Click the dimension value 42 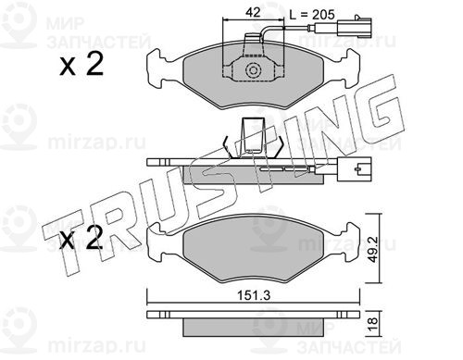tap(253, 12)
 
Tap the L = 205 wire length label tap(312, 15)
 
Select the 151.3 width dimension tap(254, 295)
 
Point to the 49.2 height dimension tap(373, 249)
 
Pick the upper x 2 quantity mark tap(81, 65)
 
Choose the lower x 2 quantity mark tap(81, 238)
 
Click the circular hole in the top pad tap(254, 70)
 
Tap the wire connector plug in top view tap(355, 28)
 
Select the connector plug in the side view tap(355, 169)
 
